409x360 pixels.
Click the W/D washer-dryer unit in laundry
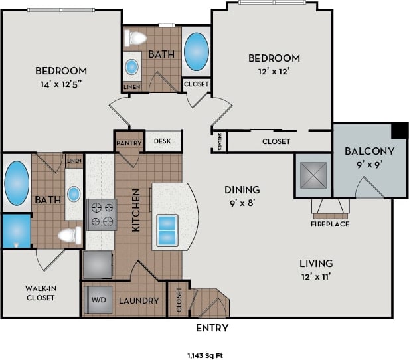(x=98, y=300)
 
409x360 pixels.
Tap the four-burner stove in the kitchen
(x=101, y=215)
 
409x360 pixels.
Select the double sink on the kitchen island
(x=167, y=228)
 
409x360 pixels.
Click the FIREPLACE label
(x=330, y=224)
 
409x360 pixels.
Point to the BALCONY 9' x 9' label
(x=370, y=157)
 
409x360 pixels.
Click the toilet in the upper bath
(x=137, y=38)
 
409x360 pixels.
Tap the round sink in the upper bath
(x=132, y=66)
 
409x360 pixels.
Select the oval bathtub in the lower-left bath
(x=16, y=183)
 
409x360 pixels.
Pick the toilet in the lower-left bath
(x=68, y=234)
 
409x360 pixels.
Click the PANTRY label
(x=127, y=142)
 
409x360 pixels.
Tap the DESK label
(x=163, y=141)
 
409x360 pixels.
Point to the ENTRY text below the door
(x=212, y=328)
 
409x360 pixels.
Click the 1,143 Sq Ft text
(x=204, y=355)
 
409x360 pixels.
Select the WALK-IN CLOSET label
(x=41, y=293)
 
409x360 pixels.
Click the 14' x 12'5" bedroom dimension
(x=60, y=84)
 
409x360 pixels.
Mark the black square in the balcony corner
(x=400, y=130)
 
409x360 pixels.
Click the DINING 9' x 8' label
(x=241, y=195)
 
